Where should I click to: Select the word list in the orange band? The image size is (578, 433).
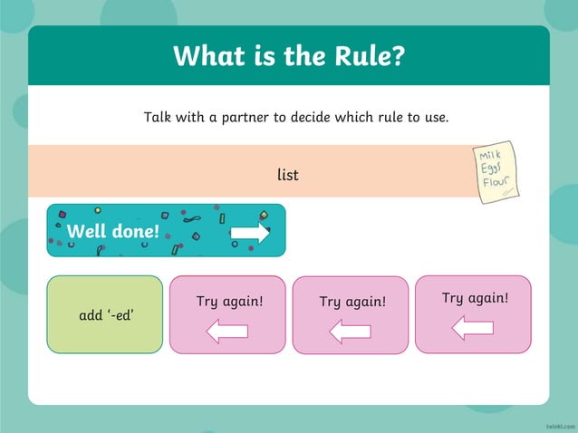[x=288, y=173]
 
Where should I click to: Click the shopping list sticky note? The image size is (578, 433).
[x=497, y=171]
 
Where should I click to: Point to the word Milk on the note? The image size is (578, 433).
[x=490, y=156]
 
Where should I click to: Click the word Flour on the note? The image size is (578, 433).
[x=500, y=183]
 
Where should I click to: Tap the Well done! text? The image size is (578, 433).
[x=113, y=231]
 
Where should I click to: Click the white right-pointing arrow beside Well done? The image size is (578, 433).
[x=250, y=233]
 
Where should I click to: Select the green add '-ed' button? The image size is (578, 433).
[x=105, y=314]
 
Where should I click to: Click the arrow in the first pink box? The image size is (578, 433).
[x=227, y=332]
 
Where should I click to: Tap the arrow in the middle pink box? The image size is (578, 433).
[x=350, y=332]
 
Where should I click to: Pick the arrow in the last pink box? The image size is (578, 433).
[x=472, y=328]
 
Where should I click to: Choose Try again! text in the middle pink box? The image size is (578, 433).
[x=352, y=301]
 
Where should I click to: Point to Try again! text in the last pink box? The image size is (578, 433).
[x=475, y=297]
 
